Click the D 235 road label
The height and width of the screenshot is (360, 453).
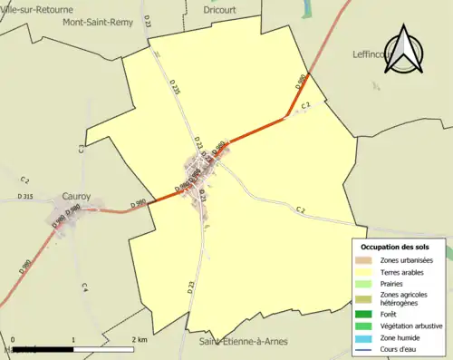tap(175, 87)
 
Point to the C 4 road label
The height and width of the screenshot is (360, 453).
tap(85, 287)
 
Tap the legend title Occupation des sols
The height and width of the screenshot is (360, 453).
tap(401, 247)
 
